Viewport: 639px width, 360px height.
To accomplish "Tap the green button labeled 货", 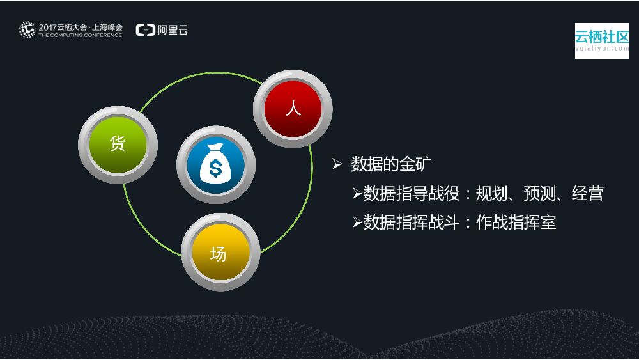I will tap(117, 144).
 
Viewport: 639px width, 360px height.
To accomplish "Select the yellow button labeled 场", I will tap(220, 254).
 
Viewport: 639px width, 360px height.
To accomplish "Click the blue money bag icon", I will tap(216, 165).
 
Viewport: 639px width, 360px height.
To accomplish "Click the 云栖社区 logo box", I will tap(601, 40).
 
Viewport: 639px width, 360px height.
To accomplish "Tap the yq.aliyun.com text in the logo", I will tap(601, 48).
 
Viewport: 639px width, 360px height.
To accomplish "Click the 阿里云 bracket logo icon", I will tap(144, 30).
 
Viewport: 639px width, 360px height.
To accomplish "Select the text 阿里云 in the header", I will tap(172, 30).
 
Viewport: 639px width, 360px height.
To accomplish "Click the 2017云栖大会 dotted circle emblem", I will tap(27, 29).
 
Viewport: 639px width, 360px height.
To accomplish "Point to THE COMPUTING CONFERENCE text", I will tap(80, 35).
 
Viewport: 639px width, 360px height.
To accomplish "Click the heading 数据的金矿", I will tap(391, 164).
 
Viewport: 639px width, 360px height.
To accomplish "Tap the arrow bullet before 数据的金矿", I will tap(337, 164).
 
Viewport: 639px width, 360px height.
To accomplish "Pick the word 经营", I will tap(588, 194).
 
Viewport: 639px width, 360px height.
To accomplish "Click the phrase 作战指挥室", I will tap(516, 223).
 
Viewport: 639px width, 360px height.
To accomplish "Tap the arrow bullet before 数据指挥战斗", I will tap(357, 223).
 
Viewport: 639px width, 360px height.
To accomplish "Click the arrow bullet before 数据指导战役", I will tap(357, 194).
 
